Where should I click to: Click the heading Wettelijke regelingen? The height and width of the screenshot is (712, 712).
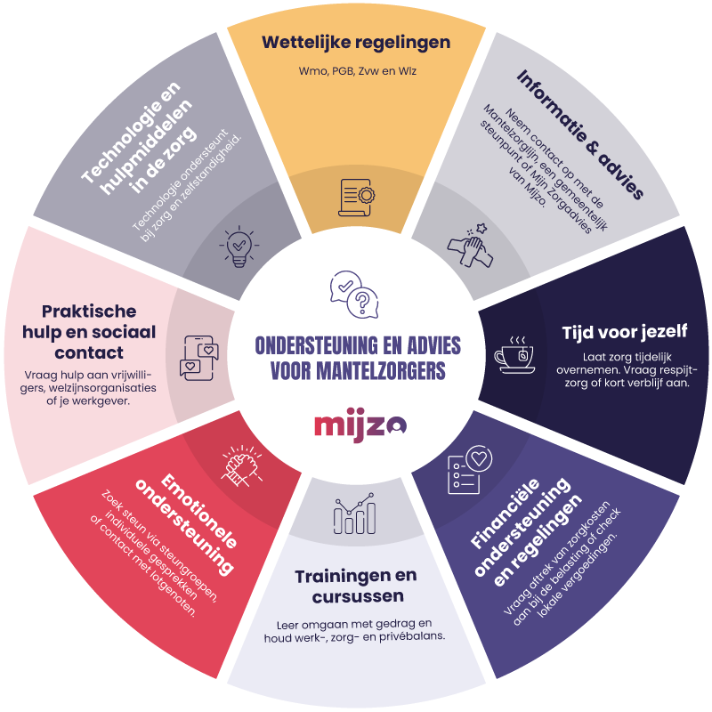tap(356, 42)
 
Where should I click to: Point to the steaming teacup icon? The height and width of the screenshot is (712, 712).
tap(515, 355)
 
